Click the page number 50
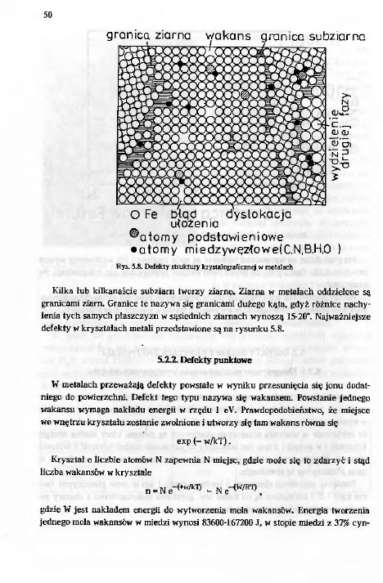pos(48,12)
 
